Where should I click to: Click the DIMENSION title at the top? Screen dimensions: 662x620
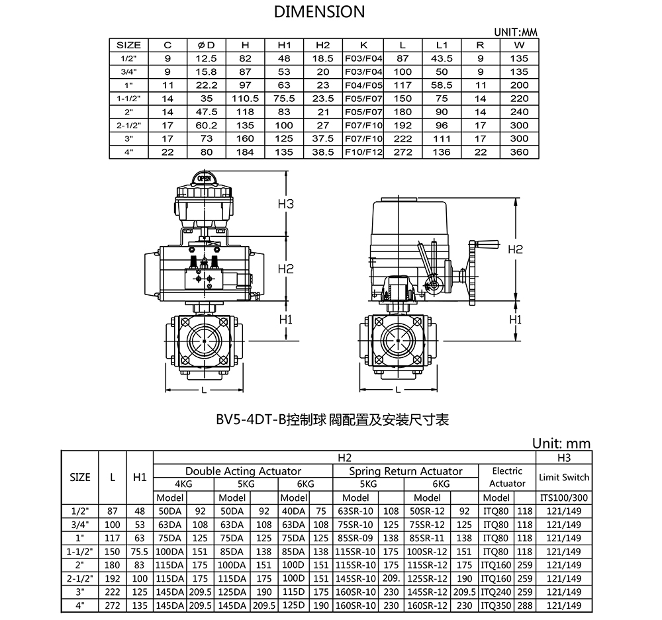[319, 12]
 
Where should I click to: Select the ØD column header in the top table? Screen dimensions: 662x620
[206, 45]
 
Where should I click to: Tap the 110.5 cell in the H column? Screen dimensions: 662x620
[246, 99]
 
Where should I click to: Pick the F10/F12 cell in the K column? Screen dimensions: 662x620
[363, 152]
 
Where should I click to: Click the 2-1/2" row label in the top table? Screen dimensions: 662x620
[129, 125]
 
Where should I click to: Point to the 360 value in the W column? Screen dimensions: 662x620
[519, 152]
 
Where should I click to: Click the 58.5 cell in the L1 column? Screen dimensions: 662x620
[442, 85]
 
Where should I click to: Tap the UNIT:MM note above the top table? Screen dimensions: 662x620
[516, 32]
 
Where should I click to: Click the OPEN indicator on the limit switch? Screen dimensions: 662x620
[204, 179]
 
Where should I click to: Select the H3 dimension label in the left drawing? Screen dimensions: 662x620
[285, 204]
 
